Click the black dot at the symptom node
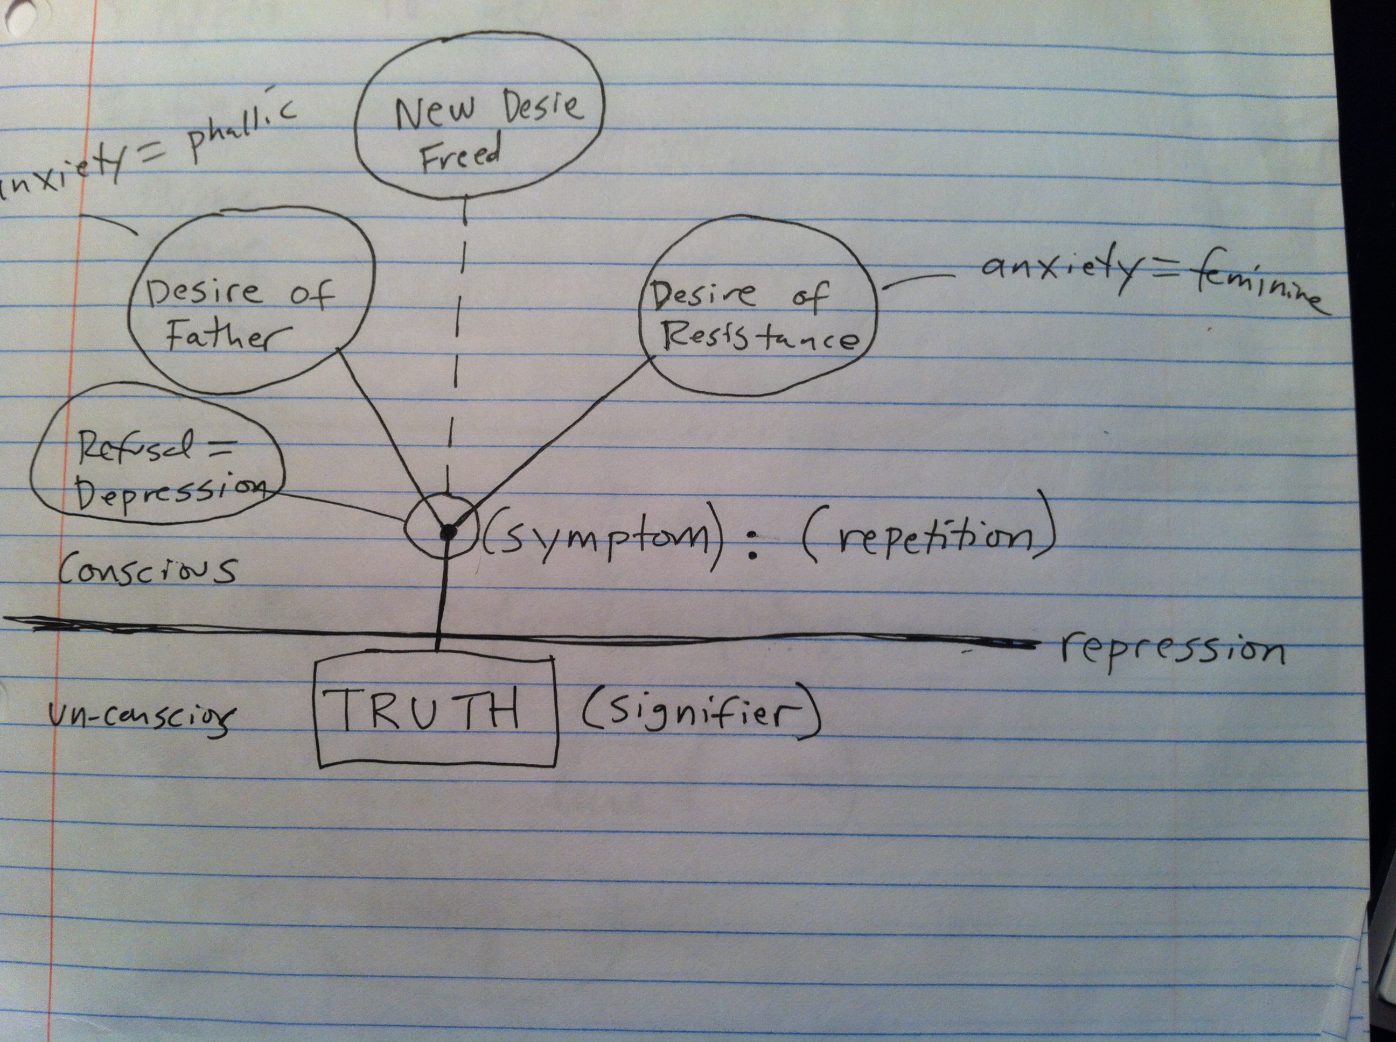(448, 533)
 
